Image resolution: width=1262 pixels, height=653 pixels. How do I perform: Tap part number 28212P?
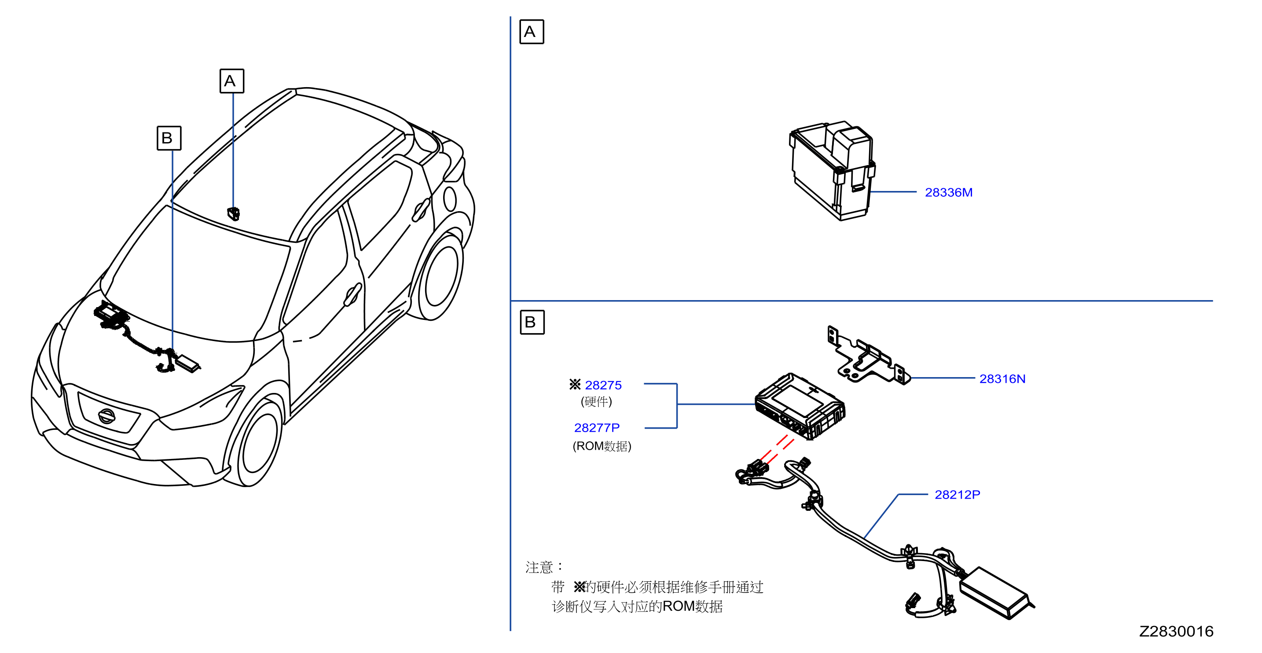click(x=957, y=494)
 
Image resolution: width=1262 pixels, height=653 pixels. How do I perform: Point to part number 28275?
click(x=603, y=385)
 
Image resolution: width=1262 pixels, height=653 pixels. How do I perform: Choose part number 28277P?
click(x=597, y=428)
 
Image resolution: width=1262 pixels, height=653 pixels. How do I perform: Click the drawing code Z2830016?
click(x=1176, y=631)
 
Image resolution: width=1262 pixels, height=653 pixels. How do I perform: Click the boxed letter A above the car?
click(x=232, y=81)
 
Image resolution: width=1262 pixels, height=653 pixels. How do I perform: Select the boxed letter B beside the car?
click(x=169, y=138)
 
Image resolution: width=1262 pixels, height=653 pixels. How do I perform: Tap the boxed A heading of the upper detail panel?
click(x=532, y=32)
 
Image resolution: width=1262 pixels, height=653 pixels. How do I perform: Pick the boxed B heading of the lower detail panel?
click(x=532, y=322)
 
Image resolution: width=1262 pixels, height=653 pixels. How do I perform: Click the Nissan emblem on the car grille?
click(x=106, y=416)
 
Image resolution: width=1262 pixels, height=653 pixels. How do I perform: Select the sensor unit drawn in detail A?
click(x=833, y=170)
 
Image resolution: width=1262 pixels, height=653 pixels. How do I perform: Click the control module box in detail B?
click(x=800, y=406)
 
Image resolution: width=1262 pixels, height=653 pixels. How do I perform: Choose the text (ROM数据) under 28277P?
click(x=602, y=446)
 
